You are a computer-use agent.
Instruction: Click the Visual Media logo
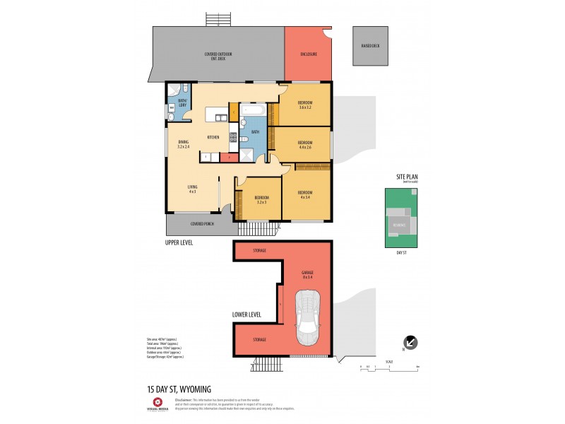click(x=157, y=404)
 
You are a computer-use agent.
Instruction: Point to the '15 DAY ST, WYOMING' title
click(x=179, y=389)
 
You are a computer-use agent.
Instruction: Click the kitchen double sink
click(x=221, y=117)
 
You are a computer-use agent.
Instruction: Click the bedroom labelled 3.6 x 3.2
click(x=305, y=106)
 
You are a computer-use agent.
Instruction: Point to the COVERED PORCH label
click(x=202, y=224)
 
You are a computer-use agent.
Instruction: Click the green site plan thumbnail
click(x=400, y=218)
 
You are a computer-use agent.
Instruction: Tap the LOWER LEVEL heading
click(x=247, y=315)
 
